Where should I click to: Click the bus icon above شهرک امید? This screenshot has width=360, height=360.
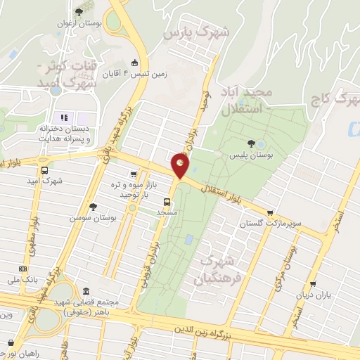coord(46,169)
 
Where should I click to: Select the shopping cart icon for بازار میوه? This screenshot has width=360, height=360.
coord(132,174)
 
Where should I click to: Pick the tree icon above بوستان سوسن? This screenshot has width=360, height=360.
coord(93,206)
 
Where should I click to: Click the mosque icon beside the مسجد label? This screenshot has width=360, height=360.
coord(146,213)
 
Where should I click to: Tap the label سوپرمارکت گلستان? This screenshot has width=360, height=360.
coord(270,223)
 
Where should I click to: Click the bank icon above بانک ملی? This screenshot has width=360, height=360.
coord(22,268)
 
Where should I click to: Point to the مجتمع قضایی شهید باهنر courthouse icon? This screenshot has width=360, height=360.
coord(86,291)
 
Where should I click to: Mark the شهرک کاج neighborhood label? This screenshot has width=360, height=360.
coord(335,99)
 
